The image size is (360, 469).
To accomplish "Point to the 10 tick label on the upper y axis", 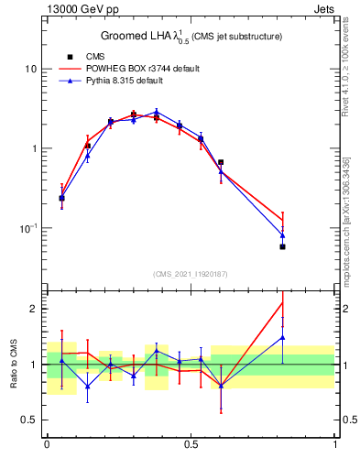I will click(x=31, y=70).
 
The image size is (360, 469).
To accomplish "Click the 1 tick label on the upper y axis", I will click(x=34, y=148).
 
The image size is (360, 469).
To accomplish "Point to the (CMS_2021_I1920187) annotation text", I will click(x=191, y=273).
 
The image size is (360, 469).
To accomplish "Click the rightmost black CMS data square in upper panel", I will click(x=282, y=247).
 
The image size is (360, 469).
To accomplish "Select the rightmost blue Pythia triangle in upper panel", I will click(x=282, y=235).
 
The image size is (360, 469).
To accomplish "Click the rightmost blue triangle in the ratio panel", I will click(x=282, y=337).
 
